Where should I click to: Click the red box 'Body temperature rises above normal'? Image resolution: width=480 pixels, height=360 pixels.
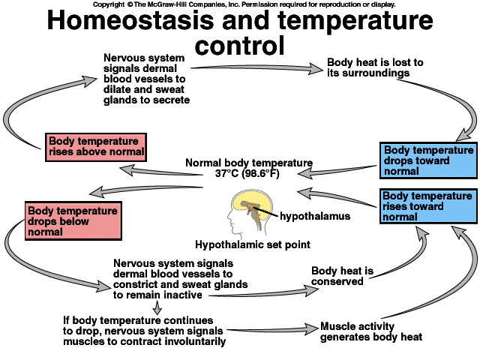94,146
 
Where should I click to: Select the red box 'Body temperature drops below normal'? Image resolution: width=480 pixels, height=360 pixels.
71,221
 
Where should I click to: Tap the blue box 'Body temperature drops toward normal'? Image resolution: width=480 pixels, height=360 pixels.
427,160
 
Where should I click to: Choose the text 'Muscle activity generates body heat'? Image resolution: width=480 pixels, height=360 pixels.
370,331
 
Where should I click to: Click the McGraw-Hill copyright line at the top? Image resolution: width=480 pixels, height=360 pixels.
240,4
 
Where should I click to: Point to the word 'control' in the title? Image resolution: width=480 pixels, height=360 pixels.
240,46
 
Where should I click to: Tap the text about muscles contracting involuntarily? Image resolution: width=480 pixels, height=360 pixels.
144,331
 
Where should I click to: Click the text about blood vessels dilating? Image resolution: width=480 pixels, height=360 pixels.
146,79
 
